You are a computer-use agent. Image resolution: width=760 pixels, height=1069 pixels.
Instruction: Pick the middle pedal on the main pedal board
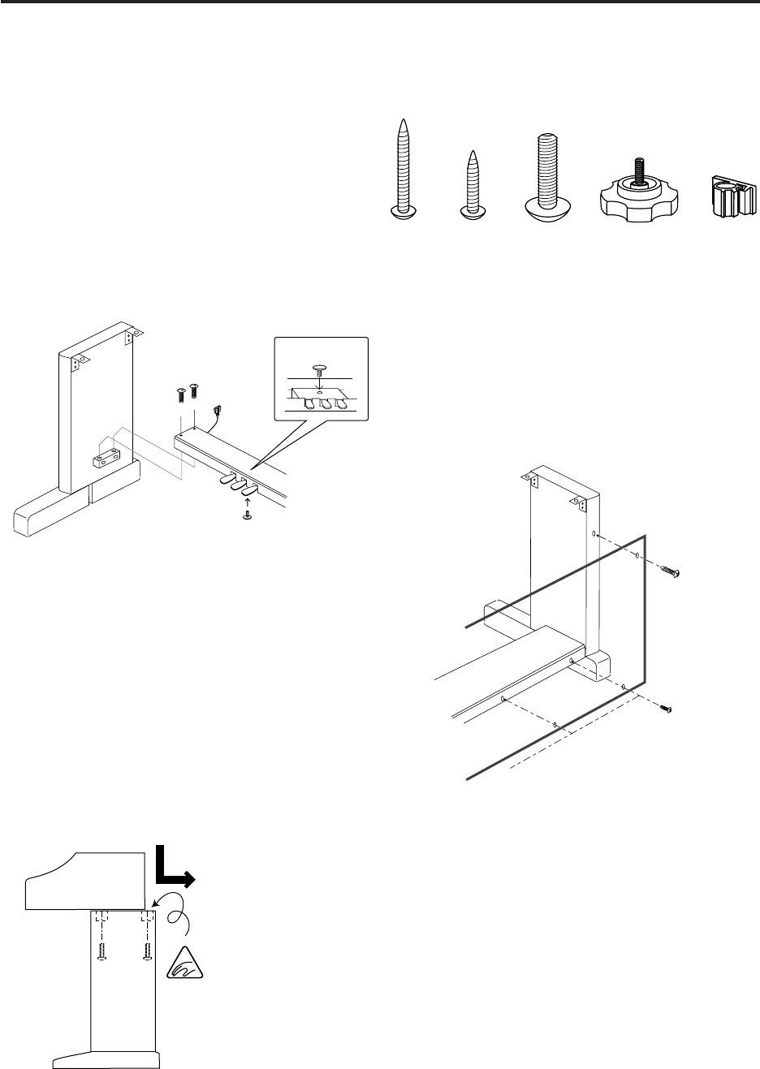(x=240, y=485)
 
